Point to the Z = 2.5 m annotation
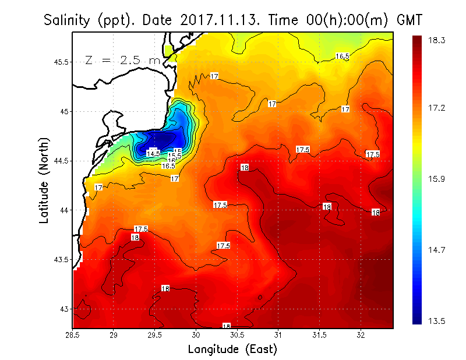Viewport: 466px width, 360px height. pos(122,60)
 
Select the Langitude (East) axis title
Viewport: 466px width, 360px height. pos(232,350)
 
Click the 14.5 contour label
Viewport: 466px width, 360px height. pos(153,153)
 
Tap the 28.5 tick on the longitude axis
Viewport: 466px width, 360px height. pos(73,335)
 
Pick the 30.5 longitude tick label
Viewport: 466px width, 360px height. pos(237,335)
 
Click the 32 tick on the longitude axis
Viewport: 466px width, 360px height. pos(361,335)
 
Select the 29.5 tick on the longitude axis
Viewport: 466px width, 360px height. pos(155,335)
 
